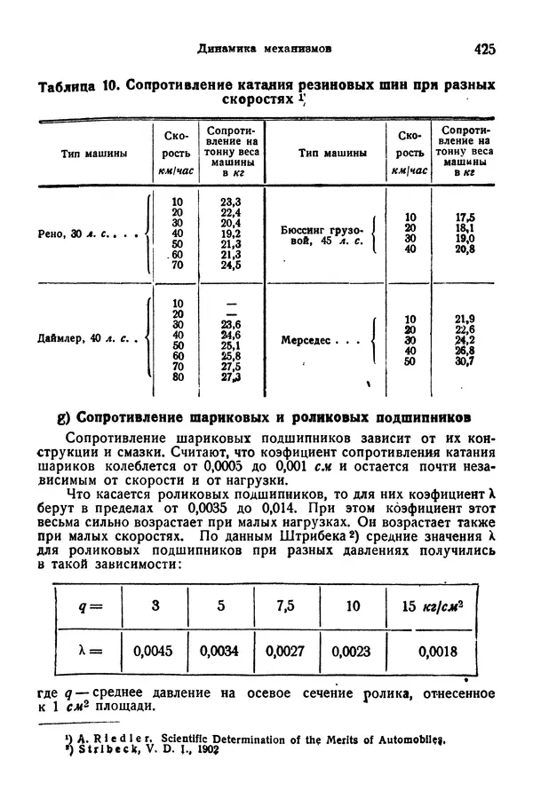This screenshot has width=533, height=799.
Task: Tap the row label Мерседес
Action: pos(312,339)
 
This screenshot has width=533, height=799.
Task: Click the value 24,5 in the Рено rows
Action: pos(231,265)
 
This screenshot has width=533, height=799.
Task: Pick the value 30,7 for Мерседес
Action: pos(464,361)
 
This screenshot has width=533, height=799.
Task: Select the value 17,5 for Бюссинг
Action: pos(464,217)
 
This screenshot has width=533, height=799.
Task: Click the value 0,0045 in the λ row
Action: pos(153,652)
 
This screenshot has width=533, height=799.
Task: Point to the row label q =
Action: pos(90,607)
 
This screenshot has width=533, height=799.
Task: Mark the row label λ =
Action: pos(91,652)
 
